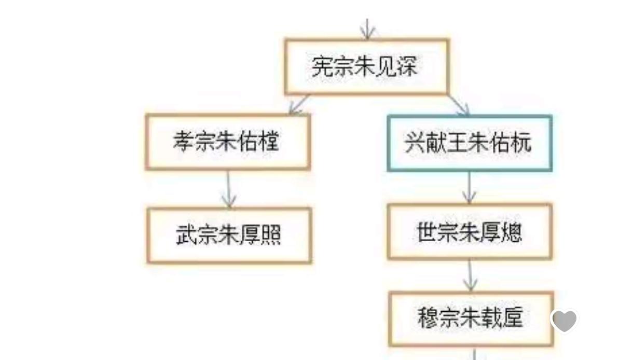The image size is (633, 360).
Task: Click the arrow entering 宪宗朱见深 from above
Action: tap(367, 29)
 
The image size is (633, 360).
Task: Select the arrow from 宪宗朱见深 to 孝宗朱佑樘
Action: tap(299, 105)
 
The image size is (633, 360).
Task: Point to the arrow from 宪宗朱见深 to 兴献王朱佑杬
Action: tap(459, 106)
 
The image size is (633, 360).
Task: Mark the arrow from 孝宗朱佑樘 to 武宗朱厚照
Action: tap(229, 189)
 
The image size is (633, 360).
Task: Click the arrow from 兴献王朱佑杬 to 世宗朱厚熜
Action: tap(470, 188)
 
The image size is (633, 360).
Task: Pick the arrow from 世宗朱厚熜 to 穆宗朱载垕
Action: tap(470, 275)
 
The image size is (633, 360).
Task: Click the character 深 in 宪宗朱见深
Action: tap(407, 66)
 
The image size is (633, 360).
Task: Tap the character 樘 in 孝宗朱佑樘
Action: tap(268, 141)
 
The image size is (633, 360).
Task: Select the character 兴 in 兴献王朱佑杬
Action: tap(415, 143)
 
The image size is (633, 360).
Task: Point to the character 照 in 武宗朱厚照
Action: tap(270, 234)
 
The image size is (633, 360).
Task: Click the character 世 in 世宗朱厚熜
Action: tap(428, 232)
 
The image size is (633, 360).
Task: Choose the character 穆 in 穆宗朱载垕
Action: tap(429, 318)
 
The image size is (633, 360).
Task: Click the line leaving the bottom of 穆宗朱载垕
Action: tap(474, 353)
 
